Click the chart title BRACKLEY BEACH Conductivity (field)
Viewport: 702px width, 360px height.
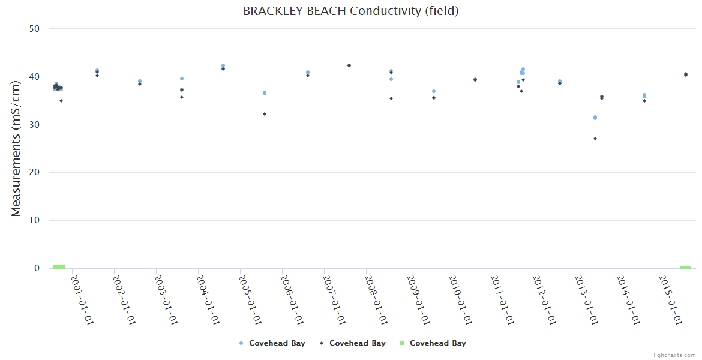coord(351,11)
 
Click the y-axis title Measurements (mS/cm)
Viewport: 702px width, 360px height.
coord(16,149)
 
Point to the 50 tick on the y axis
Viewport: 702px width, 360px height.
coord(35,29)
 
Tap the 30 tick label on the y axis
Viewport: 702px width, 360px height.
coord(35,125)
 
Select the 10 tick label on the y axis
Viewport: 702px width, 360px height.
coord(35,220)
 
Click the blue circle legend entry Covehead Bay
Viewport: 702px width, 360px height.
coord(272,343)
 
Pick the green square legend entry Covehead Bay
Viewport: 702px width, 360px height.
coord(433,343)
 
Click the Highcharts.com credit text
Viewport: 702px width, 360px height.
coord(673,355)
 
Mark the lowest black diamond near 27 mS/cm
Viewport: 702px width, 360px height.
coord(595,139)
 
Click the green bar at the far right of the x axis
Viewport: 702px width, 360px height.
coord(685,267)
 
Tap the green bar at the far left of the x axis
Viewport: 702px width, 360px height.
coord(59,267)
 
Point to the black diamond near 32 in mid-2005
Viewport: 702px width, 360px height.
coord(265,114)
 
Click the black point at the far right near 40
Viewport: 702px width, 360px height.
coord(686,74)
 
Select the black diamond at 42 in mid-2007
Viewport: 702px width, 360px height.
coord(349,65)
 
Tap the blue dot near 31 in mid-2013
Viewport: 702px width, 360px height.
coord(595,118)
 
